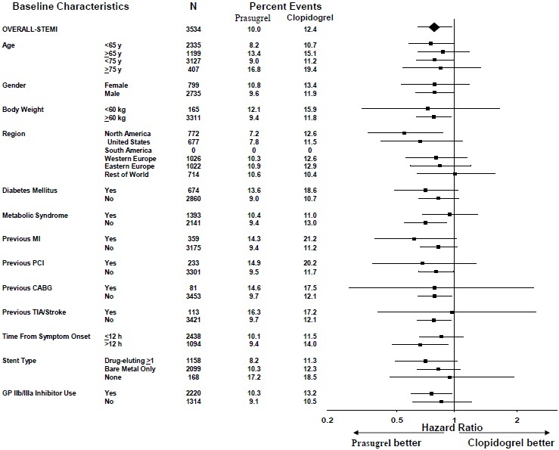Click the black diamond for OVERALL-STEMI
(433, 28)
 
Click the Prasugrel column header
(253, 17)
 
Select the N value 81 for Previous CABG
(195, 288)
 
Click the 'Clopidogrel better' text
(511, 442)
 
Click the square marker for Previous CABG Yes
(434, 288)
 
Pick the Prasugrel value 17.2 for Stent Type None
(253, 377)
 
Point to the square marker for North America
(405, 133)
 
